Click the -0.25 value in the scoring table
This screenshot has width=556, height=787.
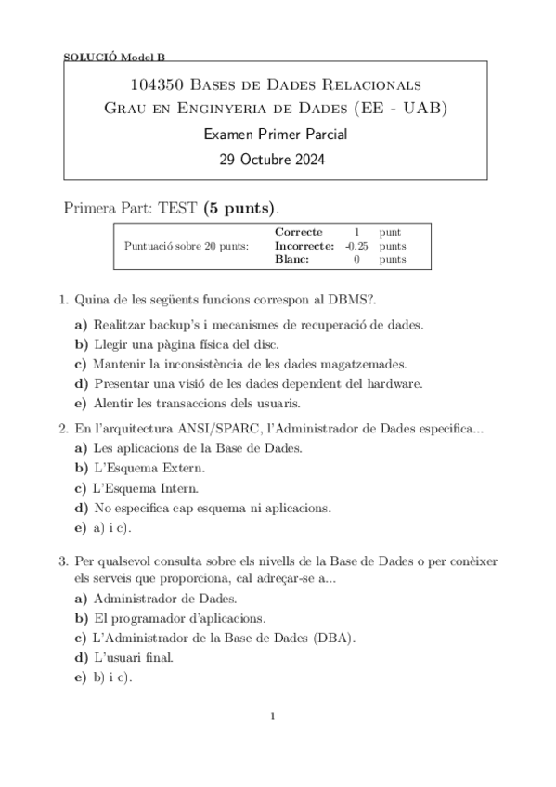(x=356, y=246)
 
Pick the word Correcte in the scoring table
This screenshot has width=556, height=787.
(x=299, y=232)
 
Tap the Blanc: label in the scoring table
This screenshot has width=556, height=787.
(x=293, y=260)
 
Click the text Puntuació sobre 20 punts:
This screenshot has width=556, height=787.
(x=186, y=246)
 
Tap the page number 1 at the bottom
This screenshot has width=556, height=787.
(x=273, y=716)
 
